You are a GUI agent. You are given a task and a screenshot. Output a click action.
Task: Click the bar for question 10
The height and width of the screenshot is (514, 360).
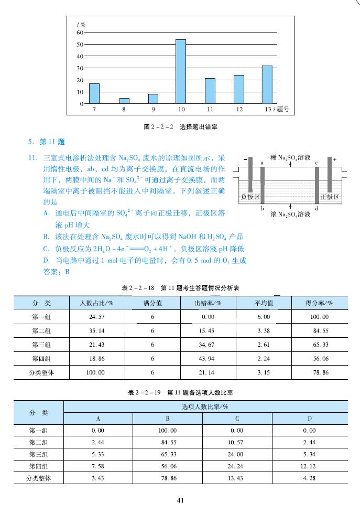point(180,71)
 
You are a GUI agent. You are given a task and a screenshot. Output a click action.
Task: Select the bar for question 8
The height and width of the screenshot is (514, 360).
point(124,101)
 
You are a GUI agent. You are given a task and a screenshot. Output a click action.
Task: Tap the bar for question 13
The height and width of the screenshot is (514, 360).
point(267,84)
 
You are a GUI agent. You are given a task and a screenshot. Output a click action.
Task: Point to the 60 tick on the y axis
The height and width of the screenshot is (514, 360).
point(80,32)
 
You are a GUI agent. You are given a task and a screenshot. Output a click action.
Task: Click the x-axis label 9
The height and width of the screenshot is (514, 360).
point(153,109)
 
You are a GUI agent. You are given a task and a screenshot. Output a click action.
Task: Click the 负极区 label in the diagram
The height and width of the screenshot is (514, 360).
point(250,197)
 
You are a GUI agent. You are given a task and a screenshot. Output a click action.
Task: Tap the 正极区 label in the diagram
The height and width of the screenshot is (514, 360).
point(330,197)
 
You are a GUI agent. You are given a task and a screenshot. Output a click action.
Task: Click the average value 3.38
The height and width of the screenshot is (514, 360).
point(264,331)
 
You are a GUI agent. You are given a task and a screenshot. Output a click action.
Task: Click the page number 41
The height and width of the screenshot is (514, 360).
point(180,500)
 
